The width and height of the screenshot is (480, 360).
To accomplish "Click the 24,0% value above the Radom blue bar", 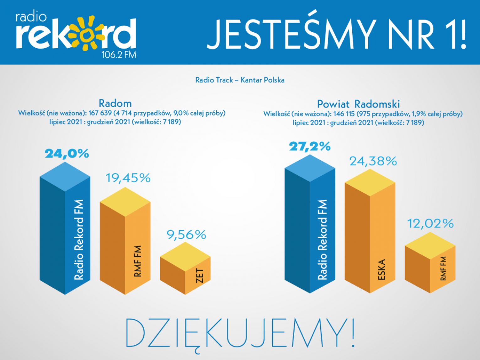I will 67,154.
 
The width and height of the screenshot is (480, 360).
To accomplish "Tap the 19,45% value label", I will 128,178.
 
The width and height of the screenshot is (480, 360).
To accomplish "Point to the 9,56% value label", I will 186,235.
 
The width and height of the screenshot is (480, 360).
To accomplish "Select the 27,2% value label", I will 310,146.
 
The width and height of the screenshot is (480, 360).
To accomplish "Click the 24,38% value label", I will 373,161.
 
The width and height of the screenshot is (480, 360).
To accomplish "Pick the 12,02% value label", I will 430,224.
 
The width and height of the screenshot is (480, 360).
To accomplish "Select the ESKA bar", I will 370,238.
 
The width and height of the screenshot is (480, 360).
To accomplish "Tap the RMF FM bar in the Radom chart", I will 125,248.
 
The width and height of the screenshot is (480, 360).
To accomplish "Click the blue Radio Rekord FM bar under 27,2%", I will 310,232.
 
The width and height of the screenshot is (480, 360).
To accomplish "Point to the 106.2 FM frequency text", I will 119,55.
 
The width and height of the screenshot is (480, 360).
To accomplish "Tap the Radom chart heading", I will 115,103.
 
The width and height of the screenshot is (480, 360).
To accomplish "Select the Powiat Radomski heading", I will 359,104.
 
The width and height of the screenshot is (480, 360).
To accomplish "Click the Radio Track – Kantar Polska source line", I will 240,80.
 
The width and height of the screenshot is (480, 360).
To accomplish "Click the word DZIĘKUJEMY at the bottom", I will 240,333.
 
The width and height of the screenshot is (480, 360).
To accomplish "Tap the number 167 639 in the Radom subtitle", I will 100,113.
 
